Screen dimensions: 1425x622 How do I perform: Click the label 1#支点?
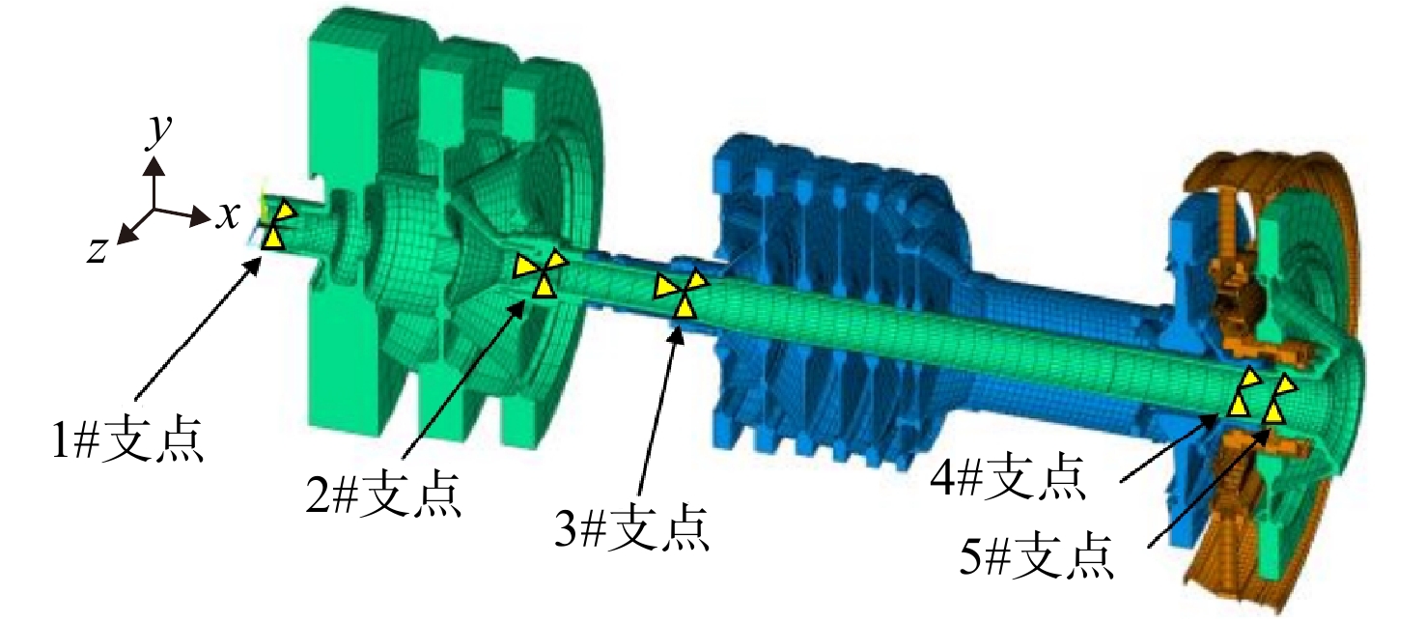[127, 438]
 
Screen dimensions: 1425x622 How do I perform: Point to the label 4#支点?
[1007, 475]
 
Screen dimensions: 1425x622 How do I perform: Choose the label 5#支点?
[1036, 554]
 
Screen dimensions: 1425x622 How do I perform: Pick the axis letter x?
[227, 216]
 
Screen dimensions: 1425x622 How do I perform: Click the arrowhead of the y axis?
[154, 167]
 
